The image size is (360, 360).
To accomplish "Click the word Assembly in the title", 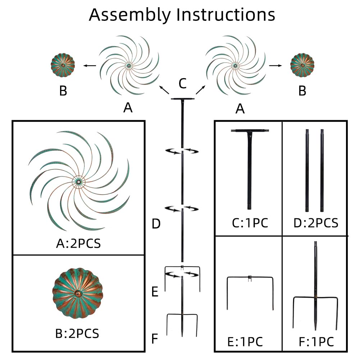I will point(130,15).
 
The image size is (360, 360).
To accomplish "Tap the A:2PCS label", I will point(78,243).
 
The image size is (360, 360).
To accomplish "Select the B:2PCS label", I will point(77,333).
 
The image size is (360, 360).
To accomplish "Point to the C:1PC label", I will point(250,223).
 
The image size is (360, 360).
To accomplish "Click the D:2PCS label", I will point(316,223).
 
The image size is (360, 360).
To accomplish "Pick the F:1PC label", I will point(316,341).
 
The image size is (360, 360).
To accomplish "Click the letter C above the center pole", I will point(183,84).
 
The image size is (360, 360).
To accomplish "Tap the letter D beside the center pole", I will point(156,224).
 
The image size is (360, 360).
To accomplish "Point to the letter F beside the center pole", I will point(155,338).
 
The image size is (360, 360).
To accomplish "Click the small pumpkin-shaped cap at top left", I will point(63,65).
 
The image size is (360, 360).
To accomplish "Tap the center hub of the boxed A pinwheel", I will point(78,182).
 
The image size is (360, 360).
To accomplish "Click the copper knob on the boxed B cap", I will point(77,294).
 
